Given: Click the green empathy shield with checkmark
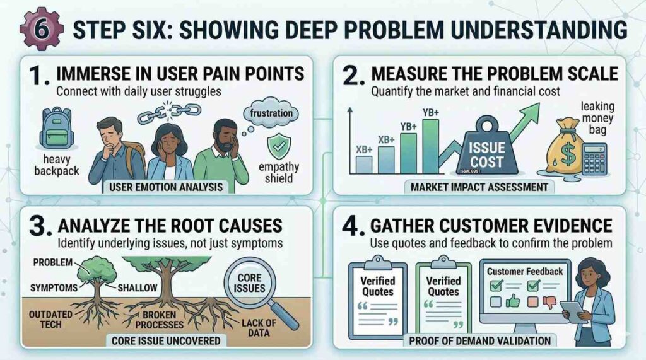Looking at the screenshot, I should (x=276, y=146).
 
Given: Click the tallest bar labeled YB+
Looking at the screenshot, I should (x=431, y=145).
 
